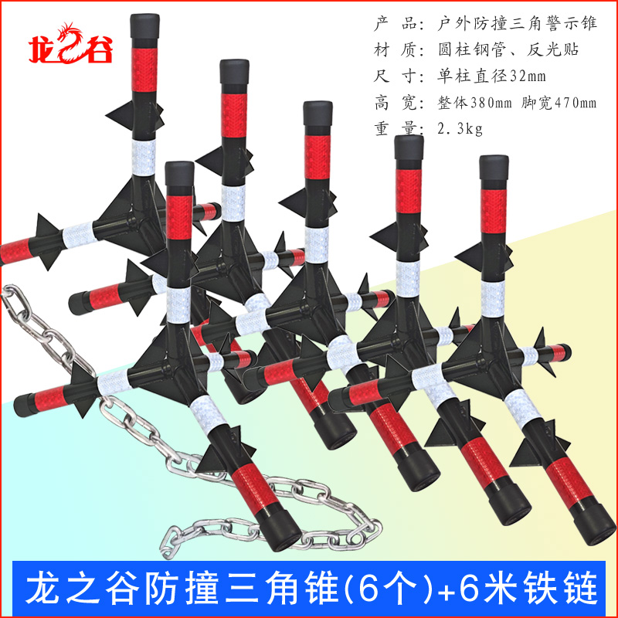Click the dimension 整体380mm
tap(468, 102)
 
